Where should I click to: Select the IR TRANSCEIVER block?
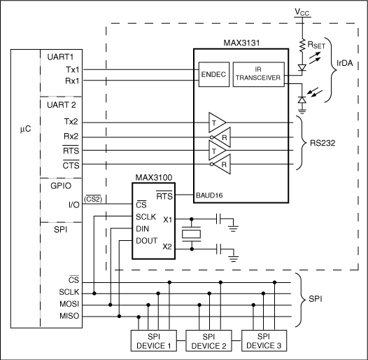click(x=258, y=75)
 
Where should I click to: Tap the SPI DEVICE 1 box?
click(x=154, y=340)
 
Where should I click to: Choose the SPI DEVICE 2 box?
click(x=209, y=340)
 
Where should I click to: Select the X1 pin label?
click(x=167, y=219)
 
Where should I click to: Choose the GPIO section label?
click(x=73, y=188)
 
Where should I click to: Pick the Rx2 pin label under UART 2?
click(x=71, y=137)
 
